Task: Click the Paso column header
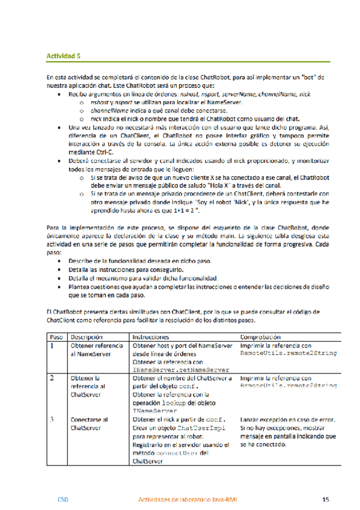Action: tap(56, 337)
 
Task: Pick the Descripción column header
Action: tap(88, 337)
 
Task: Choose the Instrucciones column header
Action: tap(150, 337)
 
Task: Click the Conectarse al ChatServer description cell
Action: tap(88, 423)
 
